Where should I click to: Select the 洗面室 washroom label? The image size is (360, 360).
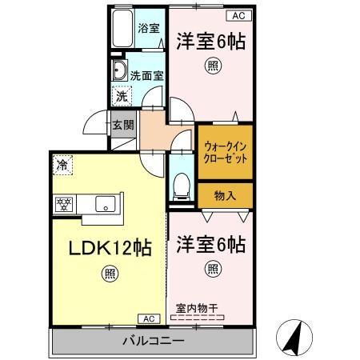(147, 74)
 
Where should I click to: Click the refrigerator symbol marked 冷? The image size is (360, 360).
(62, 166)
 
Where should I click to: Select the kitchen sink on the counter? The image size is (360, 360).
(105, 204)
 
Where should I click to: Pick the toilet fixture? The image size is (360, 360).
(182, 186)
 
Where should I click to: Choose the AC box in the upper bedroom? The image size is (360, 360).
(238, 15)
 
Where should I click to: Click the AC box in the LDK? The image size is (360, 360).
(149, 318)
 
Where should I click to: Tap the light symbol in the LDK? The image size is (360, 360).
(108, 276)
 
